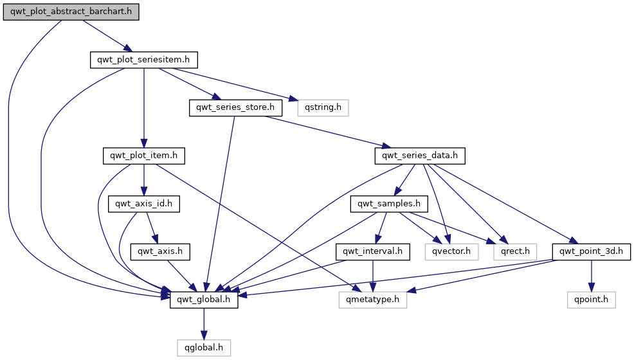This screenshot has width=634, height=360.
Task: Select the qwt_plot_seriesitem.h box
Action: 143,60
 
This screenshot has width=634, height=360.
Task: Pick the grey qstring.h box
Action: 322,107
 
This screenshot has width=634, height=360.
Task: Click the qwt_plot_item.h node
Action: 144,156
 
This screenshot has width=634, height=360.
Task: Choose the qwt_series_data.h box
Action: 420,156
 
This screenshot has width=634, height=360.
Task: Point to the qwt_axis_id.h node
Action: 144,204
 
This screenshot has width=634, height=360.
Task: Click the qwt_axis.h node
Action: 160,251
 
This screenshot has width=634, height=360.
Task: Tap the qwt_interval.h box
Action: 372,251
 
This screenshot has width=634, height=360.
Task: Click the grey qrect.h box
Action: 515,251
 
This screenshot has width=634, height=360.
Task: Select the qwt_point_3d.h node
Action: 592,251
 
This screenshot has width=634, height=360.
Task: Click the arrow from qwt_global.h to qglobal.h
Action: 204,323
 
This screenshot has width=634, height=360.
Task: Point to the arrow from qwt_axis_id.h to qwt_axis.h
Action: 152,228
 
